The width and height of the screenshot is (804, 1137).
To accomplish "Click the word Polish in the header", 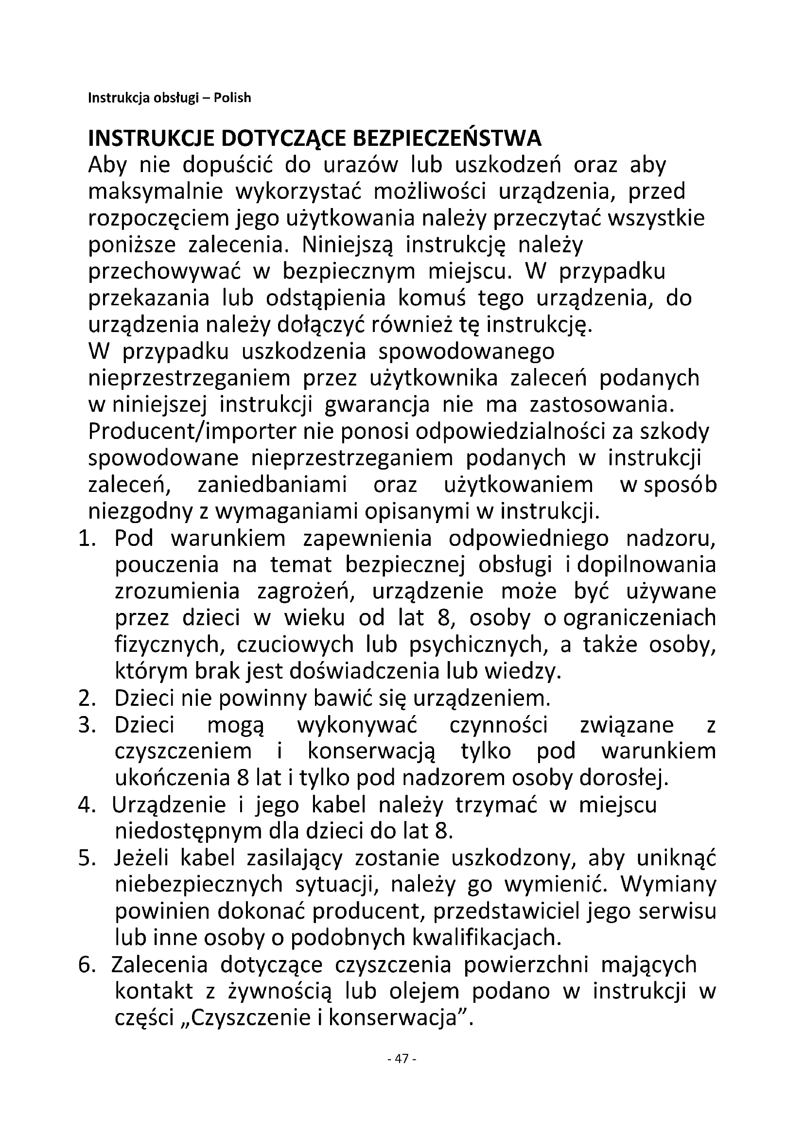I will pyautogui.click(x=232, y=98).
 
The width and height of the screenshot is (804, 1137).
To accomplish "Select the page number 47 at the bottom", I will pyautogui.click(x=402, y=1059).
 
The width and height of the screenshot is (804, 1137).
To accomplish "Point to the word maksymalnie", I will pyautogui.click(x=156, y=192).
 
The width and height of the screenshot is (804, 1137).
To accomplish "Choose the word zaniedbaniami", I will pyautogui.click(x=272, y=485).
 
